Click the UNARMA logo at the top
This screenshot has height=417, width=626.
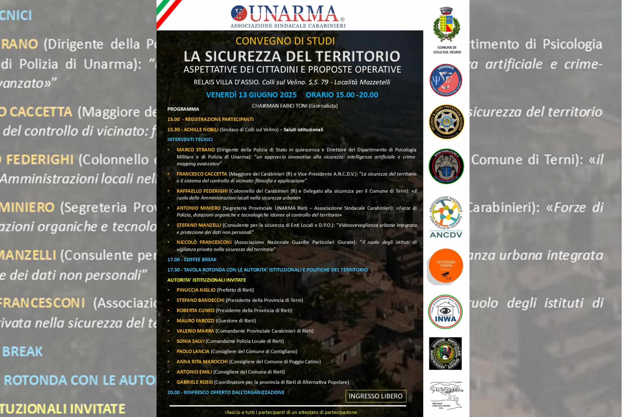(288, 16)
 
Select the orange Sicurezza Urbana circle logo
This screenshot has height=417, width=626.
(446, 266)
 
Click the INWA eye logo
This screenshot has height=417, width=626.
(445, 312)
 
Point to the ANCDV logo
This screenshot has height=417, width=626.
(446, 217)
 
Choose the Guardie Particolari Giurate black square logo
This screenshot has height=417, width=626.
(445, 353)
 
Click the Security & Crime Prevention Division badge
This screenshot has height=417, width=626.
(446, 122)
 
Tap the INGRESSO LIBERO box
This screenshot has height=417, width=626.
(376, 396)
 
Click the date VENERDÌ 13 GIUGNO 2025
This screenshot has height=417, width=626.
(251, 95)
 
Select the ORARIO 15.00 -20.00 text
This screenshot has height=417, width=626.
(342, 95)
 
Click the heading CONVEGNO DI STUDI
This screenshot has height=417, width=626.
(285, 41)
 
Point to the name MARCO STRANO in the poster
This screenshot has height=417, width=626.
(196, 150)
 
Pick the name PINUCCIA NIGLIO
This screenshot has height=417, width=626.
(196, 290)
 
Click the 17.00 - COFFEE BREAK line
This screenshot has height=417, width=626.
(192, 259)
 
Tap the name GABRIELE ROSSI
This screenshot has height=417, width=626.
(195, 382)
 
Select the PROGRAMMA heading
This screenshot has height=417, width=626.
(183, 109)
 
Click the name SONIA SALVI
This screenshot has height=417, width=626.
(190, 341)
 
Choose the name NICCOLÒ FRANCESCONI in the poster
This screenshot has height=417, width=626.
(204, 242)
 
